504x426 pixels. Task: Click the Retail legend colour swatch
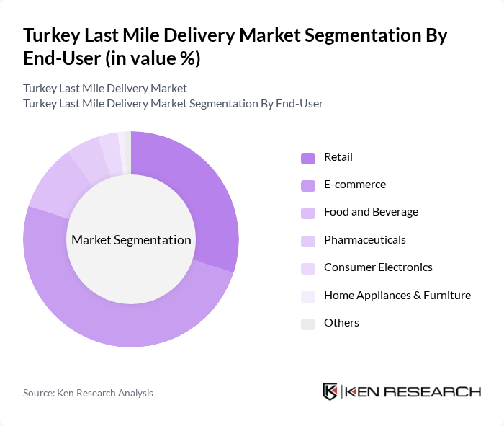click(307, 158)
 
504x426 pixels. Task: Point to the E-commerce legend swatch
click(307, 185)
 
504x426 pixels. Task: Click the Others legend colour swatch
click(307, 324)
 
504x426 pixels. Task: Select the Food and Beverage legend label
click(371, 212)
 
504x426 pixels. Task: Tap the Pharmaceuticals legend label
click(364, 239)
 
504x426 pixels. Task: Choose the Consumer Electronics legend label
click(378, 267)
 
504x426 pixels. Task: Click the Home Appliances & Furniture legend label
click(397, 295)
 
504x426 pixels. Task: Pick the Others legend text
click(341, 323)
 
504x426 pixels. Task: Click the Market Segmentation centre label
click(131, 240)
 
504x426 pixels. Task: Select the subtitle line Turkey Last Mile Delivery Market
click(105, 89)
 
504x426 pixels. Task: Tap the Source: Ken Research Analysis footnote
click(88, 393)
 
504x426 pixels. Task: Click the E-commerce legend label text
click(355, 185)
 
